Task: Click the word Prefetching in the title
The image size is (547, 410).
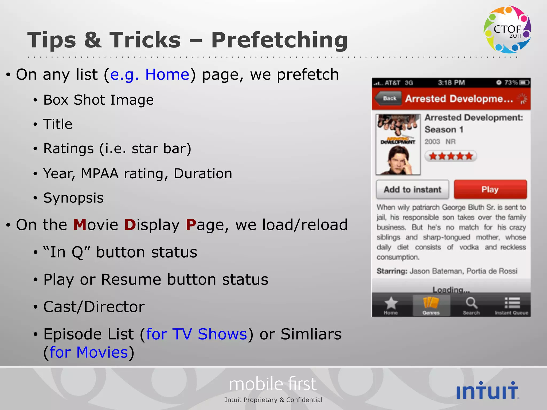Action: tap(279, 40)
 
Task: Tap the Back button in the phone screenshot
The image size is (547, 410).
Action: tap(389, 98)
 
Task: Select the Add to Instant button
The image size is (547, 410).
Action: tap(412, 190)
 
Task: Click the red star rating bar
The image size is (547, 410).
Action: tap(451, 156)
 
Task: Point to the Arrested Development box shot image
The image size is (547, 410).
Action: tap(398, 144)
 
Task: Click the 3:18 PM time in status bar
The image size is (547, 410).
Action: tap(451, 83)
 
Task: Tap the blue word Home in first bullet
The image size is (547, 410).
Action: tap(167, 74)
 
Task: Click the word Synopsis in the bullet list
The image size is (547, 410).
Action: tap(73, 198)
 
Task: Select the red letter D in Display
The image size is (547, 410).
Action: tap(130, 225)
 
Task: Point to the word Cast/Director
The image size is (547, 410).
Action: tap(94, 307)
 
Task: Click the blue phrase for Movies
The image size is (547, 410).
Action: tap(89, 352)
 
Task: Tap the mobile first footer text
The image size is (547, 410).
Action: tap(273, 384)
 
